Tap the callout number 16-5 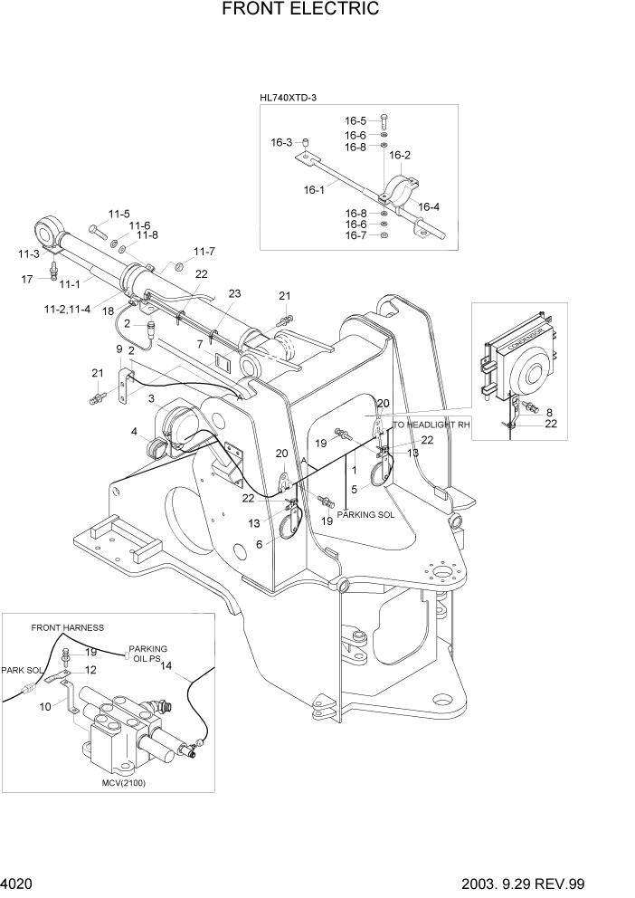click(355, 120)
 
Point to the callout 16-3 click(281, 142)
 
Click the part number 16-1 click(314, 190)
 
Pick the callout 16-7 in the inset click(355, 236)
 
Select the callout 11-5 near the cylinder click(118, 214)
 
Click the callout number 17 click(27, 279)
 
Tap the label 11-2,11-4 click(68, 310)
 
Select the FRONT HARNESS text click(67, 627)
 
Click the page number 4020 click(18, 881)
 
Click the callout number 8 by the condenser click(549, 412)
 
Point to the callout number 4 click(133, 431)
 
